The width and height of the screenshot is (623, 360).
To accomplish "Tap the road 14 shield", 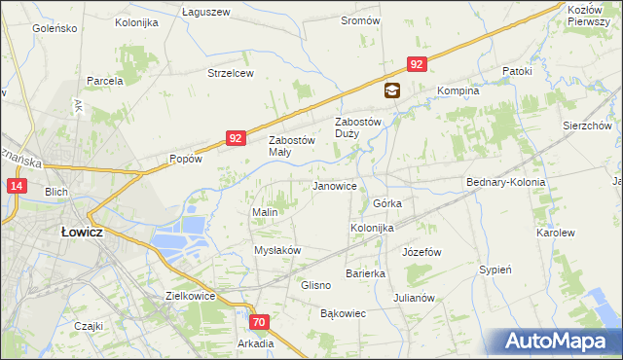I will point(17,186).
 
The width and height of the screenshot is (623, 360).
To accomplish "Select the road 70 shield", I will point(258,321).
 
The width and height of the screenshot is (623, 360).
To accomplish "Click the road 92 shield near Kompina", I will point(417,64).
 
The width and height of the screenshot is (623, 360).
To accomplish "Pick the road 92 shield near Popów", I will point(236,139).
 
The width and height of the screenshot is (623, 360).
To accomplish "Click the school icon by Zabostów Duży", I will point(391,91).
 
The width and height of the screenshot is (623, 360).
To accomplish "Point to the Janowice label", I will point(334,186).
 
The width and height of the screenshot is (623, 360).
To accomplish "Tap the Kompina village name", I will point(458,90).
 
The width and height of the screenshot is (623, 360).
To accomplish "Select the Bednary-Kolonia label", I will point(505,182).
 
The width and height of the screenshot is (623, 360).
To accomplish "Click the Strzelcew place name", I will point(231,73).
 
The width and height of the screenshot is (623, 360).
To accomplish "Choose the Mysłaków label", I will point(277,250).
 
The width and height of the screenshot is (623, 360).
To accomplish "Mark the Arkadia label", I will point(255,342).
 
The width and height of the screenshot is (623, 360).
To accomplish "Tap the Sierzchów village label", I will point(586,126).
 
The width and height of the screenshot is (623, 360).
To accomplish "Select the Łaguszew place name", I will point(205,12).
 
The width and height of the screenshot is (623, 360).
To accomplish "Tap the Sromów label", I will point(360,20).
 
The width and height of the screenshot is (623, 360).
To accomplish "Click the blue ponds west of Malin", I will point(180,237).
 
